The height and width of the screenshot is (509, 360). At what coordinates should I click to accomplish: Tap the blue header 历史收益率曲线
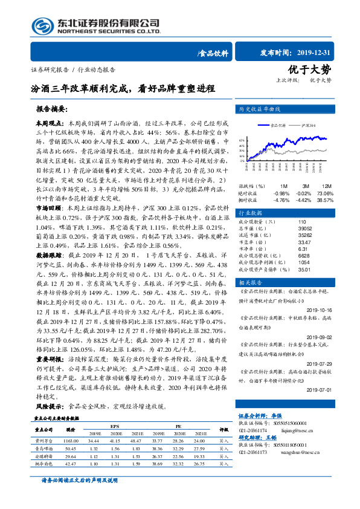pyautogui.click(x=261, y=109)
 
